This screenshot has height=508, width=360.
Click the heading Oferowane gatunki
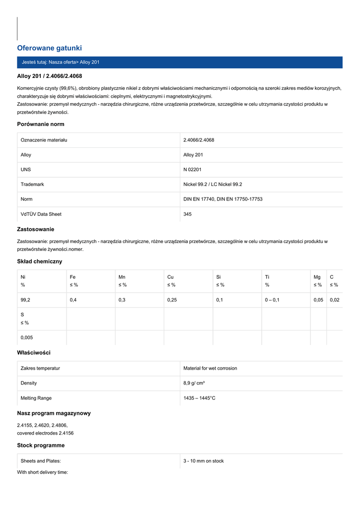tap(49, 48)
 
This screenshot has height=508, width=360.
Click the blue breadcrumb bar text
tap(61, 63)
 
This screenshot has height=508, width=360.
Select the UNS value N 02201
tap(193, 170)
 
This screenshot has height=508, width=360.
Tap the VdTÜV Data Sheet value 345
tap(187, 214)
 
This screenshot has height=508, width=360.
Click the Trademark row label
tap(32, 185)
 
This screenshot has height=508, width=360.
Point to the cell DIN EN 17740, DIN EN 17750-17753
tap(222, 199)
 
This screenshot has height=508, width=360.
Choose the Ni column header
tap(23, 277)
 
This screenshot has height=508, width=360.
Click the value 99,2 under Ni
tap(25, 300)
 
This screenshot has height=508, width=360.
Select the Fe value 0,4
tap(73, 300)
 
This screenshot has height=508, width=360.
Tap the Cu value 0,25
tap(172, 300)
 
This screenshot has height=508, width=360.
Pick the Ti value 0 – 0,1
tap(272, 300)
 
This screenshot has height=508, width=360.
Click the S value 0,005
tap(27, 338)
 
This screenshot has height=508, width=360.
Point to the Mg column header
tap(317, 277)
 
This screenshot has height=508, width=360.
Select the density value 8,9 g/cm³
tap(194, 383)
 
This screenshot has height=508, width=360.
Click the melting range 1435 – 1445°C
tap(199, 398)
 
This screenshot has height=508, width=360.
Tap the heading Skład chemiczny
tap(40, 261)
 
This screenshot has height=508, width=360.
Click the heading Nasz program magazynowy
tap(54, 413)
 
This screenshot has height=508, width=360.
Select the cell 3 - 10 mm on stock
tap(204, 461)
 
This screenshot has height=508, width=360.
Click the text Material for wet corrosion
tap(210, 369)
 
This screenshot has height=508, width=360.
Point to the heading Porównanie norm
tap(41, 124)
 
